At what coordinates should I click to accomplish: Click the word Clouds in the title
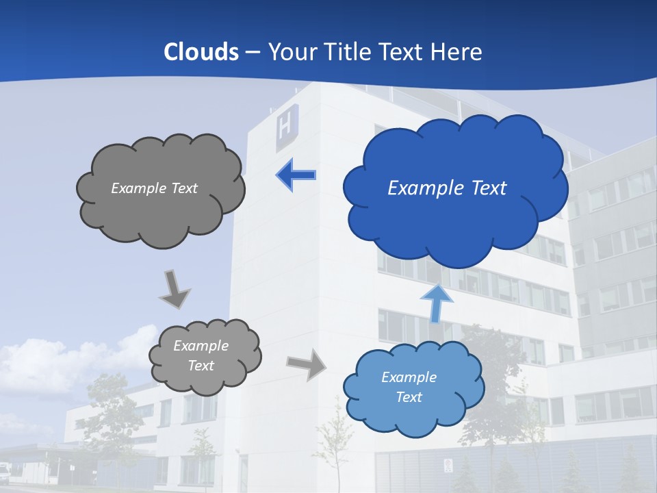(x=201, y=52)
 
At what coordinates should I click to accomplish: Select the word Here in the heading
(x=458, y=52)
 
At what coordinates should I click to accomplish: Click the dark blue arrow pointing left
(x=296, y=175)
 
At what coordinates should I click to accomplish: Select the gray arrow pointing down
(x=174, y=289)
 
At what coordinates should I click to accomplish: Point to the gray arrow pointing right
(x=307, y=364)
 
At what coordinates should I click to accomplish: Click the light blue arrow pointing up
(x=437, y=303)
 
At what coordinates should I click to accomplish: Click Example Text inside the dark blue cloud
(x=447, y=188)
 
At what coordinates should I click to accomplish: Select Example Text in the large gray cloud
(x=154, y=188)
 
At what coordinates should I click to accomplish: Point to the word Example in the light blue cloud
(x=409, y=377)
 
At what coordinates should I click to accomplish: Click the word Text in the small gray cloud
(x=201, y=366)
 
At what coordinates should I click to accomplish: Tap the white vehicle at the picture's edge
(x=4, y=470)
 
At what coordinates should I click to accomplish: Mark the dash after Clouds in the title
(x=253, y=53)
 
